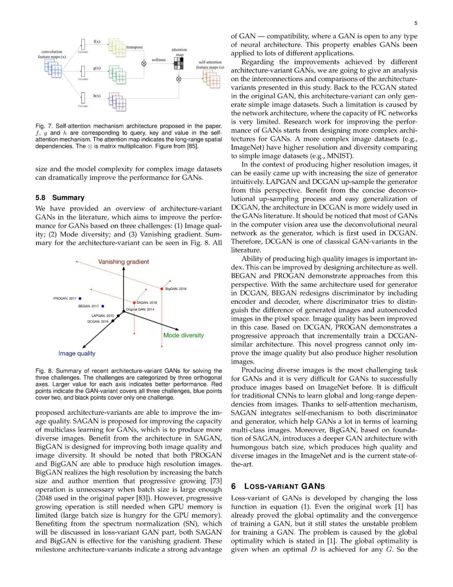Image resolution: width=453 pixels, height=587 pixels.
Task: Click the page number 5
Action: tap(416, 23)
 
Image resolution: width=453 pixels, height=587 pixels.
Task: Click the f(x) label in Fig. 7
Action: tap(97, 42)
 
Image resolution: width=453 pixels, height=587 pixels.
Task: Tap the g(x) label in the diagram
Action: tap(97, 68)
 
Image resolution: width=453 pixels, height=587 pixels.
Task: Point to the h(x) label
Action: tap(97, 96)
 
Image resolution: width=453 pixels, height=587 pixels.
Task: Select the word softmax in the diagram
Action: tap(159, 60)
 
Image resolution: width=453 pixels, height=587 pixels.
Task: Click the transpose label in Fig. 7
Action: tap(135, 47)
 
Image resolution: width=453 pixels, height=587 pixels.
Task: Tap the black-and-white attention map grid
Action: tap(179, 63)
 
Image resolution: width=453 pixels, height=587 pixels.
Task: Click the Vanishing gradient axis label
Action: tap(123, 262)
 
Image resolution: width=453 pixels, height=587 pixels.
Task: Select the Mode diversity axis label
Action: tap(183, 335)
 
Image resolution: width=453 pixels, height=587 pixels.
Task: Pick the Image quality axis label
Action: tap(77, 353)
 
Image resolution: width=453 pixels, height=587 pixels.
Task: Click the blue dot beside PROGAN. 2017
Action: tap(80, 298)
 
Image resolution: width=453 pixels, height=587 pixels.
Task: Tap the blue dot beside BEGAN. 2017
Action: tap(103, 306)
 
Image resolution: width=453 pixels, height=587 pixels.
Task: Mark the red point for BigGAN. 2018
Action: tap(162, 289)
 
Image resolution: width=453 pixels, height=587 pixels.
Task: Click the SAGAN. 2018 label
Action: tap(146, 303)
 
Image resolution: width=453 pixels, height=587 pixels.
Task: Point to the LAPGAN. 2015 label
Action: tap(102, 316)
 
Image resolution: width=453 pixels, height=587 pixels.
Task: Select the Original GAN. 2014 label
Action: tap(140, 309)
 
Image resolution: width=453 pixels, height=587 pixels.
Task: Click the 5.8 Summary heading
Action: tap(60, 197)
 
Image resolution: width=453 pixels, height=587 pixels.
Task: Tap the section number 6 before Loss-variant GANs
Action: tap(233, 486)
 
